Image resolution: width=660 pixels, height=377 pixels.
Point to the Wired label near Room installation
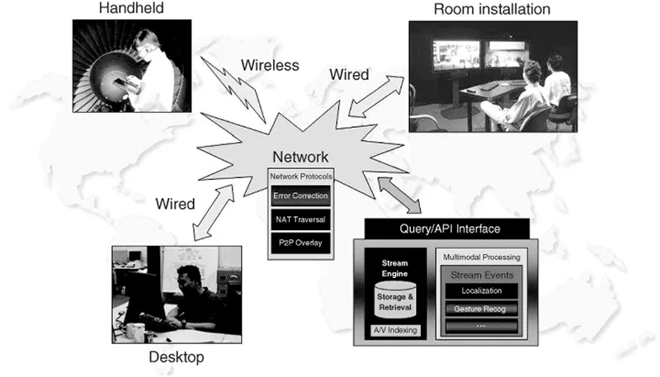point(356,75)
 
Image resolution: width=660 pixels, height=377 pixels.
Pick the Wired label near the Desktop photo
point(175,203)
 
